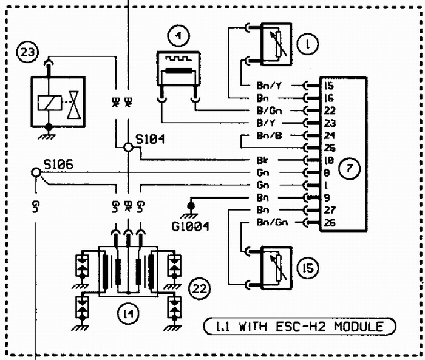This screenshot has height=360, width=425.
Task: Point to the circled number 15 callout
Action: click(x=308, y=267)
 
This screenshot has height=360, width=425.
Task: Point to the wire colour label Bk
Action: click(x=271, y=161)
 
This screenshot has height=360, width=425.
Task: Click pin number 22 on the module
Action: click(x=328, y=110)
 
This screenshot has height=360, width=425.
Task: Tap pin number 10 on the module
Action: click(x=328, y=161)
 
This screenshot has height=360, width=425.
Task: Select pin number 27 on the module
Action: click(x=328, y=210)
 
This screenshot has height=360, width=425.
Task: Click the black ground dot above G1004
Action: click(x=192, y=208)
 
